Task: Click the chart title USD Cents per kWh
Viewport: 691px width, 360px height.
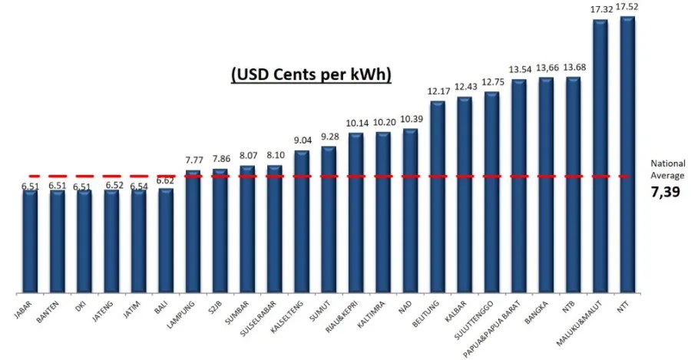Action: click(x=311, y=74)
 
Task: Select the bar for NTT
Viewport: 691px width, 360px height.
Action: click(x=627, y=154)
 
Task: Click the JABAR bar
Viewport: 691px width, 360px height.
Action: click(x=29, y=241)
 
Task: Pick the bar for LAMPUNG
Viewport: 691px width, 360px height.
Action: click(x=193, y=231)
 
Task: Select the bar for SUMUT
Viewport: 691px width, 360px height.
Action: click(x=329, y=220)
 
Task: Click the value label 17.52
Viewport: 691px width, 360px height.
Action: click(x=628, y=7)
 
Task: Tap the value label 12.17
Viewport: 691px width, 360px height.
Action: click(x=438, y=91)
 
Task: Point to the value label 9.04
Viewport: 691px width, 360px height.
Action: click(x=302, y=140)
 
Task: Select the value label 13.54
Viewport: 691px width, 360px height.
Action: click(x=519, y=70)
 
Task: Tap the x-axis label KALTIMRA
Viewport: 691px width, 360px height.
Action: click(x=372, y=314)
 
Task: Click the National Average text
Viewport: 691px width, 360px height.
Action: click(x=667, y=169)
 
